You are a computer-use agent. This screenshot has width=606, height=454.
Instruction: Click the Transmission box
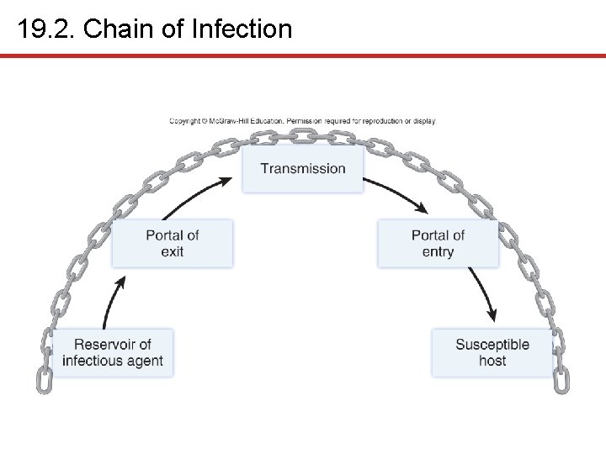click(x=303, y=168)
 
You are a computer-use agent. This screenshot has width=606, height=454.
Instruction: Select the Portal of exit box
click(x=172, y=244)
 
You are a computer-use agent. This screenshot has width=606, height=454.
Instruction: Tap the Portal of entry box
click(x=438, y=244)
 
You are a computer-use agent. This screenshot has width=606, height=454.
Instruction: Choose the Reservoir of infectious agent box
click(x=112, y=353)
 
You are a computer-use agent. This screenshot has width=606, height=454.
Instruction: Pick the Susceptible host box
click(x=492, y=353)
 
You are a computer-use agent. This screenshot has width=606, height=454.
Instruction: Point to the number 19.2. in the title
click(x=47, y=29)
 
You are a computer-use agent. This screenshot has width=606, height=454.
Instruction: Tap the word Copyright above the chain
click(x=185, y=121)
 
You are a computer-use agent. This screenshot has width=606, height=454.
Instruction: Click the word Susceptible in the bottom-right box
click(x=492, y=345)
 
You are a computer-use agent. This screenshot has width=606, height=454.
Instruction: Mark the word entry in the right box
click(x=438, y=252)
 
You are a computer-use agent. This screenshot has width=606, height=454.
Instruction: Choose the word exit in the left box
click(x=172, y=252)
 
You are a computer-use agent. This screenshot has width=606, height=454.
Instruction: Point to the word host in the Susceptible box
click(x=492, y=362)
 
